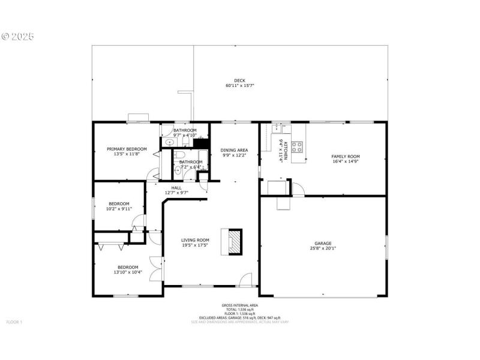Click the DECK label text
239,80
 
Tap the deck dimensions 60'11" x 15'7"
239,86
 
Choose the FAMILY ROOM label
346,156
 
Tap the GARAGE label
323,243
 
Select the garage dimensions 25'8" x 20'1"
323,248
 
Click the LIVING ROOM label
195,240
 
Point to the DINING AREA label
235,150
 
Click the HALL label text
176,188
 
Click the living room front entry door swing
245,279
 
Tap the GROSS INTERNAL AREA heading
239,305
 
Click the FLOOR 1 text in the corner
14,322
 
